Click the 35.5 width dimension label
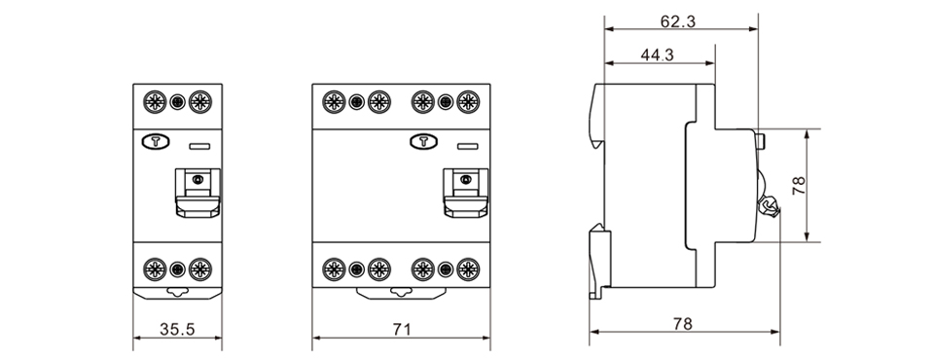pyautogui.click(x=176, y=330)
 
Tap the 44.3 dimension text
pyautogui.click(x=659, y=55)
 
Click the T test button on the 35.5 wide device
pyautogui.click(x=155, y=142)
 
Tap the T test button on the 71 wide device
pyautogui.click(x=424, y=142)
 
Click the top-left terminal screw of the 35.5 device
pyautogui.click(x=154, y=100)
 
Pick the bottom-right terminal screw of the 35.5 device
pyautogui.click(x=200, y=270)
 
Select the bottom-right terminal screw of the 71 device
pyautogui.click(x=468, y=270)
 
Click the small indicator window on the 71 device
pyautogui.click(x=467, y=147)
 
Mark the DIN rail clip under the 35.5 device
pyautogui.click(x=177, y=291)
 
